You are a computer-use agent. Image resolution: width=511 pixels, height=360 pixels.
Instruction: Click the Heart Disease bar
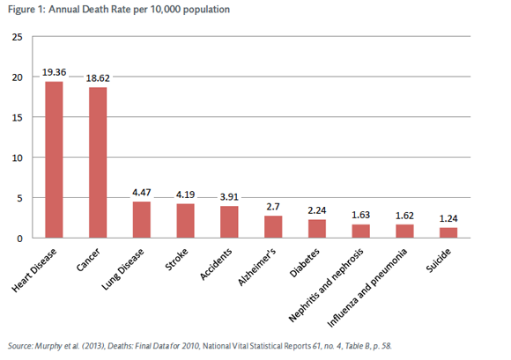(x=54, y=159)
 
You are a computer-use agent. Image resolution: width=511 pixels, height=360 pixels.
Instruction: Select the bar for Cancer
(x=98, y=163)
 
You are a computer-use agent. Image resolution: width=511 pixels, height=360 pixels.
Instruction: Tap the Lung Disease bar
(x=142, y=220)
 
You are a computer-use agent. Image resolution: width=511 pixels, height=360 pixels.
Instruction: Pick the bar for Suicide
(x=448, y=232)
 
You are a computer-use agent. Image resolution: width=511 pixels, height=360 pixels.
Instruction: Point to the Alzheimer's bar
(x=273, y=227)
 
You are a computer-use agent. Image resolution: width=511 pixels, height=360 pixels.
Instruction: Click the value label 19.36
(x=54, y=72)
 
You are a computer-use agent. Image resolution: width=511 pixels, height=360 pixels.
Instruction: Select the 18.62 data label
(x=98, y=78)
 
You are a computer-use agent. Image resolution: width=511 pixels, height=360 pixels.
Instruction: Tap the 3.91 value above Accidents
(x=229, y=197)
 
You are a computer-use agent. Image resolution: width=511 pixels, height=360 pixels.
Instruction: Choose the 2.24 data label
(x=317, y=210)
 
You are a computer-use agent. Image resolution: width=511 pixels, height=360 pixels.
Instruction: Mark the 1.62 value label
(x=404, y=216)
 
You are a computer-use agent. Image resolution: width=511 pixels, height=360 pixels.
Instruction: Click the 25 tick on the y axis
(x=18, y=37)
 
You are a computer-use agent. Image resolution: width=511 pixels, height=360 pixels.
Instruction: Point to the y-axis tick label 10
(x=18, y=158)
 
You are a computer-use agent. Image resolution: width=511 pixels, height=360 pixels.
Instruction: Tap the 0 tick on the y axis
(x=20, y=239)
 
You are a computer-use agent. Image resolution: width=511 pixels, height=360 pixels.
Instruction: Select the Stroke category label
(x=176, y=260)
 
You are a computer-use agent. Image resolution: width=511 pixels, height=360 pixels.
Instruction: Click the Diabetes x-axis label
(x=304, y=263)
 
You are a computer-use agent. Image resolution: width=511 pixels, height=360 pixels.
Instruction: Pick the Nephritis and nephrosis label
(x=326, y=285)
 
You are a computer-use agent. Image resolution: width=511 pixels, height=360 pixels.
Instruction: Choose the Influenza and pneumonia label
(x=367, y=288)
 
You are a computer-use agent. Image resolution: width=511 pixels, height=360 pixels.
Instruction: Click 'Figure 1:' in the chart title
(x=26, y=10)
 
